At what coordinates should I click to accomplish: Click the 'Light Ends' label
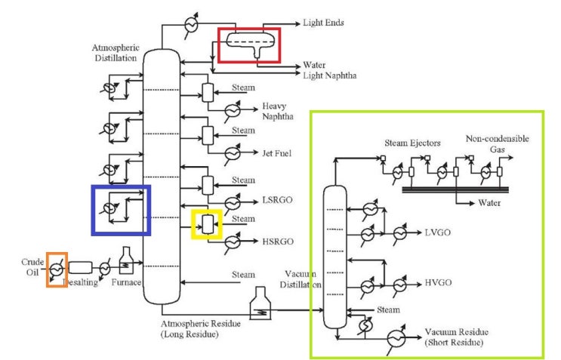[323, 23]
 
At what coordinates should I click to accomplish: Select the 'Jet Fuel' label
[278, 154]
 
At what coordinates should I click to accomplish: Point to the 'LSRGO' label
[277, 202]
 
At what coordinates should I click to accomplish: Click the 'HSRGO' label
[277, 242]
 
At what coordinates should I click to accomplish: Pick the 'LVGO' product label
[438, 231]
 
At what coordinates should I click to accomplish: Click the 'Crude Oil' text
[32, 267]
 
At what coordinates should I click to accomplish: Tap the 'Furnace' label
[126, 282]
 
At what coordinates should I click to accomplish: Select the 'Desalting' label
[81, 282]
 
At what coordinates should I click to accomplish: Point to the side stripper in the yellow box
[207, 223]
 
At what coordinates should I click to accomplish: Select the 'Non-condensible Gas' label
[496, 144]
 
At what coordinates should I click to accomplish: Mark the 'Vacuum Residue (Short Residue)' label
[455, 337]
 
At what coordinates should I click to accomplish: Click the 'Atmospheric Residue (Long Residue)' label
[200, 328]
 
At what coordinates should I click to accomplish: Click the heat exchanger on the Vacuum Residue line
[395, 339]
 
